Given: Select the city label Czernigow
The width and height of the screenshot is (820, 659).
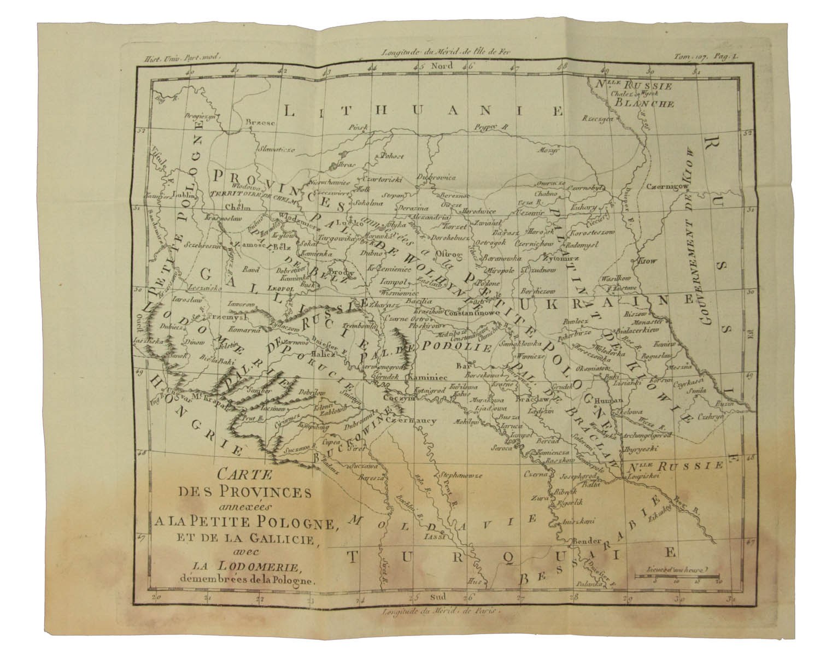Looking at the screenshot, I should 662,186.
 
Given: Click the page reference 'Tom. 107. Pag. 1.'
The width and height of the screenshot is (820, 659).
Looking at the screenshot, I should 699,55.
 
